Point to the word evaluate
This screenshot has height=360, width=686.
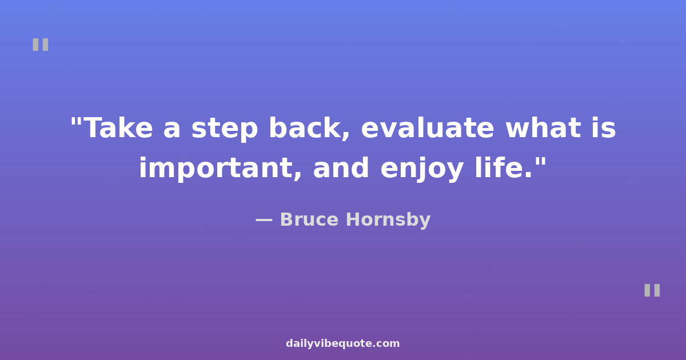pyautogui.click(x=428, y=127)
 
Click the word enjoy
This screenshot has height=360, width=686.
pyautogui.click(x=422, y=169)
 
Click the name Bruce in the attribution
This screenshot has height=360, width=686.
pyautogui.click(x=309, y=219)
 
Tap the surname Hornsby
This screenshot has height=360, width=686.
pyautogui.click(x=388, y=220)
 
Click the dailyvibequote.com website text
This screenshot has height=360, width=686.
pyautogui.click(x=342, y=343)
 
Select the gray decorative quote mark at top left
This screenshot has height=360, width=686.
pyautogui.click(x=41, y=45)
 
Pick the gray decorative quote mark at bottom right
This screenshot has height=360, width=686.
pyautogui.click(x=652, y=290)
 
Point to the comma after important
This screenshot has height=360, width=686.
pyautogui.click(x=297, y=176)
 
